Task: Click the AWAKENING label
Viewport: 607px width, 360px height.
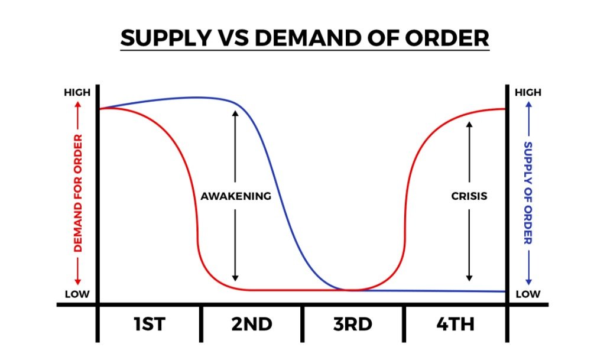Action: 236,196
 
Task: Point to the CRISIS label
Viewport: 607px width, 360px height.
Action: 469,196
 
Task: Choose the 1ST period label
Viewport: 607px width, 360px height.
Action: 149,324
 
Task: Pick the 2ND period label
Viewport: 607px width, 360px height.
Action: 252,324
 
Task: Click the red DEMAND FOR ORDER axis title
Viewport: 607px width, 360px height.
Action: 78,193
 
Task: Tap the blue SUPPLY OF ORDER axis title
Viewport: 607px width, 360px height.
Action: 528,193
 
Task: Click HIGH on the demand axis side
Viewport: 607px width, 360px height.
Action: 77,93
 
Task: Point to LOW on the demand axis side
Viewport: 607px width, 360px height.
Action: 77,294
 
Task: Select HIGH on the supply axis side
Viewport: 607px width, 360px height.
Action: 528,93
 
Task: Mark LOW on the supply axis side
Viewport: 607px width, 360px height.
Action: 528,294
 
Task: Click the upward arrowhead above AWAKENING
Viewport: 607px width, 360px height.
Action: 235,113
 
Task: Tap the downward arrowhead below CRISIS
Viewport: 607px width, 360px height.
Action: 469,277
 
